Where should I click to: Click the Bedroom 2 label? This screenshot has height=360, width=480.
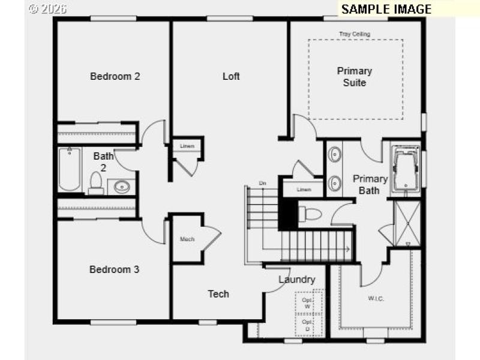(x=115, y=76)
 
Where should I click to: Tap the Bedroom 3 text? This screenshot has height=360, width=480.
(x=114, y=269)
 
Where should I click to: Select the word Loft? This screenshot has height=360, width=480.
(x=231, y=76)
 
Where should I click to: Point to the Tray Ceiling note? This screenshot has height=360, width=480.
(x=355, y=34)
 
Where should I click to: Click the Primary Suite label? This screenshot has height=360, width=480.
(x=355, y=77)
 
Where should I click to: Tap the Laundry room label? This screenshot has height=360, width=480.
(x=296, y=280)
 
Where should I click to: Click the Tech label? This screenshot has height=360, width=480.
(x=218, y=293)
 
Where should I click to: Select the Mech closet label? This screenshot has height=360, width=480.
(x=187, y=239)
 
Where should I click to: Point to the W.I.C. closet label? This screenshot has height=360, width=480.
(x=376, y=298)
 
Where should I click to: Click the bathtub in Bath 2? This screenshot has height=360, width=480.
(x=70, y=169)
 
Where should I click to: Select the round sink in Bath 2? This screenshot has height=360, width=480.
(x=122, y=186)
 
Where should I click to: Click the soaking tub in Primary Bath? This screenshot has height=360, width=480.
(x=406, y=169)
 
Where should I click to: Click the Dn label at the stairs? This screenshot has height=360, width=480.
(x=262, y=183)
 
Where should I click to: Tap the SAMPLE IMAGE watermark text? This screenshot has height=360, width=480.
(x=386, y=9)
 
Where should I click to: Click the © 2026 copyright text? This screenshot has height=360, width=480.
(x=48, y=9)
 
